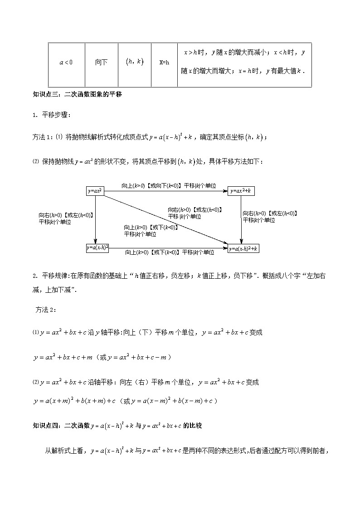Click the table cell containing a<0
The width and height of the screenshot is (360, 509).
66,63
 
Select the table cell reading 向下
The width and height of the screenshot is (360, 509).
101,63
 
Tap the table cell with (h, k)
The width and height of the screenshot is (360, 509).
134,63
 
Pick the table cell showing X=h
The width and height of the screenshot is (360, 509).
164,63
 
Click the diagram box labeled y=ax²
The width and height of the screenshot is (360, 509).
95,191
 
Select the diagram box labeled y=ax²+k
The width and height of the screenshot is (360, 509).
241,191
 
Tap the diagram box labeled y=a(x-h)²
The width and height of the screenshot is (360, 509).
97,248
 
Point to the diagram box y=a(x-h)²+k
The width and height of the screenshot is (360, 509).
243,248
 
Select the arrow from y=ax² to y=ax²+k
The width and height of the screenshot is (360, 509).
166,191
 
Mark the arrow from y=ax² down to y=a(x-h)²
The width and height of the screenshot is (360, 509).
95,220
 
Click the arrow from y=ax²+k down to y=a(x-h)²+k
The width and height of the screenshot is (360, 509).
241,220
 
